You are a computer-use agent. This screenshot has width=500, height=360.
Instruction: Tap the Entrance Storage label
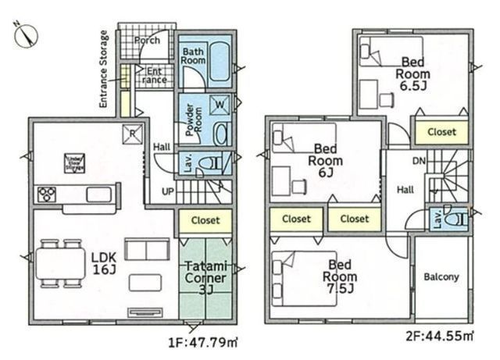pyautogui.click(x=104, y=69)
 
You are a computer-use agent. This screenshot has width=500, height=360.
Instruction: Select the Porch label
pyautogui.click(x=147, y=40)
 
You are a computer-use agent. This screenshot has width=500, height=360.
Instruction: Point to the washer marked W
pyautogui.click(x=220, y=103)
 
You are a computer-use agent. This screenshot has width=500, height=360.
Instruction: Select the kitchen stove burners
pyautogui.click(x=48, y=194)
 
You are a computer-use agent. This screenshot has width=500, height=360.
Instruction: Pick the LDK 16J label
pyautogui.click(x=103, y=262)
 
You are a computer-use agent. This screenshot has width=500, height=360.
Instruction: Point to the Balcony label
pyautogui.click(x=441, y=277)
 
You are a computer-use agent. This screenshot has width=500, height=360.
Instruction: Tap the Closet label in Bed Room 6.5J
pyautogui.click(x=441, y=132)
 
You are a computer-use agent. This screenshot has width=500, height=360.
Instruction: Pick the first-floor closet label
pyautogui.click(x=205, y=221)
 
